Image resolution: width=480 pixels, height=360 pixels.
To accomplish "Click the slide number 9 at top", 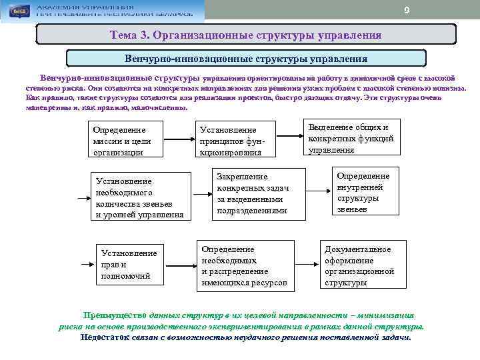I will pyautogui.click(x=407, y=9).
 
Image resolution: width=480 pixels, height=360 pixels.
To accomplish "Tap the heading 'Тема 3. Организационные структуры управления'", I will pyautogui.click(x=246, y=35).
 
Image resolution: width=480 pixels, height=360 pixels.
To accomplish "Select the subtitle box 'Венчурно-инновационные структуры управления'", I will pyautogui.click(x=246, y=58).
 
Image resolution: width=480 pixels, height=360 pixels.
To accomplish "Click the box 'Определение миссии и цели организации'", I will pyautogui.click(x=125, y=140).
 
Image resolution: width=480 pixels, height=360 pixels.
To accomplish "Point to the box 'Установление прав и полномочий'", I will pyautogui.click(x=129, y=264).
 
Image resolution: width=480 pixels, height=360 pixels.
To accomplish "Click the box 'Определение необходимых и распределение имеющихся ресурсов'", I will pyautogui.click(x=244, y=265).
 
